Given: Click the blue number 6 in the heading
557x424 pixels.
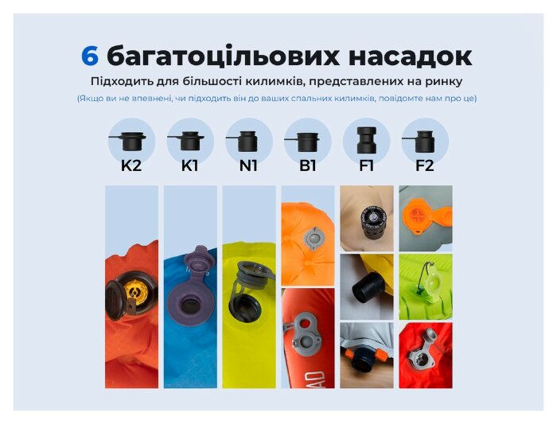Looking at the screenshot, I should pos(90,56).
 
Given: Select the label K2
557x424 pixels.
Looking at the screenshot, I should pos(131,166).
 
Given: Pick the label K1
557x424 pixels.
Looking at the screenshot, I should pos(190,166).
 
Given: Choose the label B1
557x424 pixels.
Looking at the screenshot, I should pos(307,166).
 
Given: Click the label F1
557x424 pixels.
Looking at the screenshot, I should pos(366,166).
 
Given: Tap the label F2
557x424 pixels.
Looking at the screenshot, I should pos(425,166).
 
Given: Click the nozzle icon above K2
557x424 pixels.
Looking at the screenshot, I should pos(130,140).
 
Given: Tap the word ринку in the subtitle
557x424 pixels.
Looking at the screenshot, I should pos(444,81).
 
